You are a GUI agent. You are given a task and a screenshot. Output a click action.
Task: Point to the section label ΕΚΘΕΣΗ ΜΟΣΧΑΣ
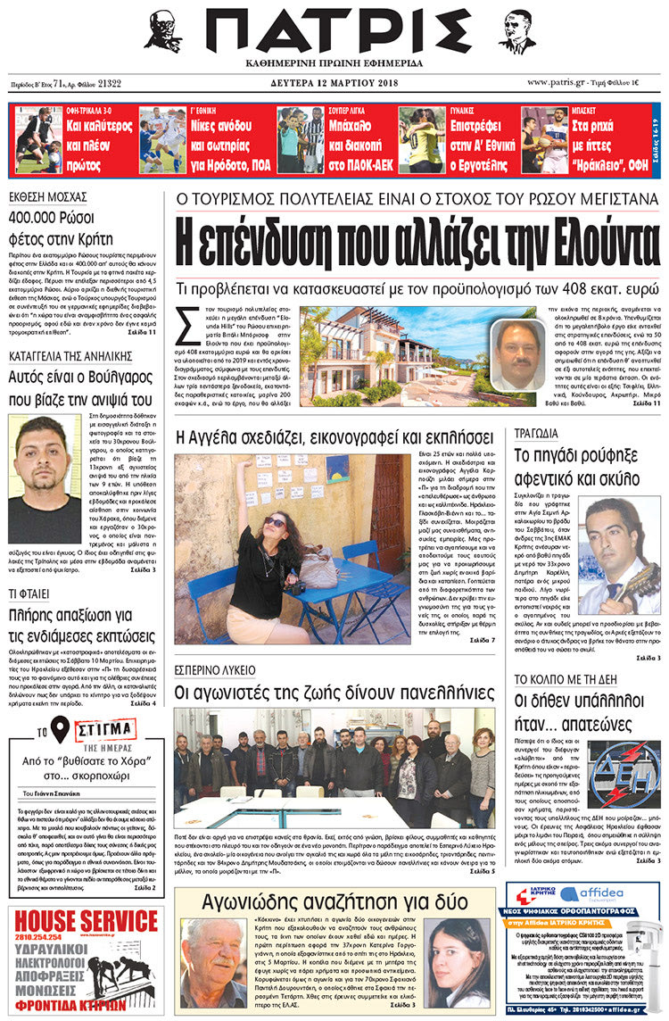point(47,198)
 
